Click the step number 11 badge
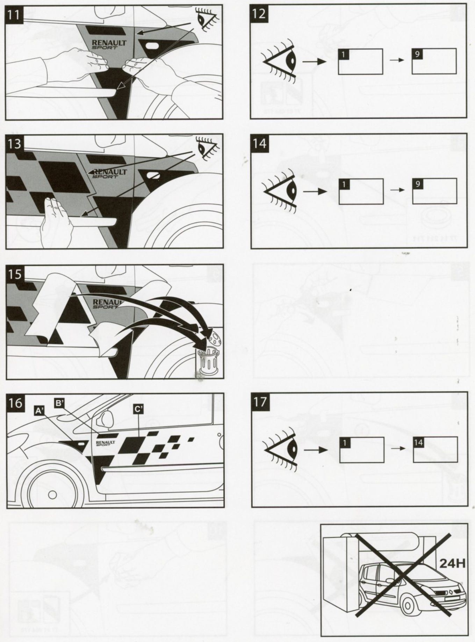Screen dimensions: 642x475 15,14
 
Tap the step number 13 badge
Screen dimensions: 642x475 15,144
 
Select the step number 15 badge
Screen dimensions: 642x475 15,274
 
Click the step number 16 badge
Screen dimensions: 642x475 15,402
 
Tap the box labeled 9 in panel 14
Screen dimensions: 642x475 434,191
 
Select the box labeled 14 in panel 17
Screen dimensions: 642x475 435,449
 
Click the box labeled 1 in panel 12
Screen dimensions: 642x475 360,62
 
